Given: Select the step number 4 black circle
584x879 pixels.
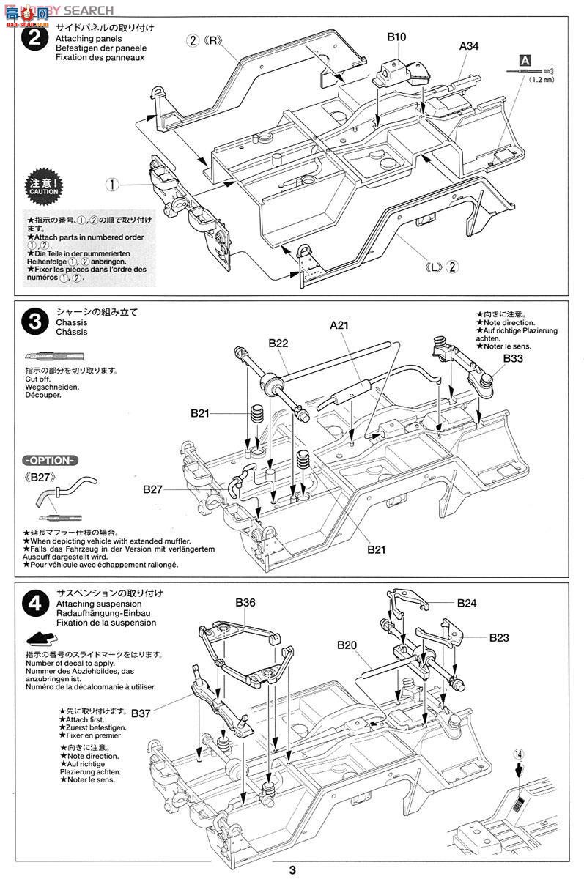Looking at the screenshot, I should click(34, 605).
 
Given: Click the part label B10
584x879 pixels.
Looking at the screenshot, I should click(396, 36).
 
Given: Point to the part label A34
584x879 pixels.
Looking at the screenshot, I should click(469, 45).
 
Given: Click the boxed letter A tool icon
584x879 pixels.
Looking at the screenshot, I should click(524, 60).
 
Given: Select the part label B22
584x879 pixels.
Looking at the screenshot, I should click(278, 342).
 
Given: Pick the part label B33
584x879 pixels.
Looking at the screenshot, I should click(513, 359).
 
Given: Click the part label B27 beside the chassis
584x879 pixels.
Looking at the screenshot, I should click(153, 488).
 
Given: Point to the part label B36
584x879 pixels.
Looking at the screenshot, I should click(245, 603).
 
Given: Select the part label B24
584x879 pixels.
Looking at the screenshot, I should click(467, 604).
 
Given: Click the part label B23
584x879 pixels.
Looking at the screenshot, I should click(498, 638).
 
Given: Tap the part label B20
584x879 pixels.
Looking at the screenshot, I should click(347, 645).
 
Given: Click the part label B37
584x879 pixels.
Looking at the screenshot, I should click(140, 712).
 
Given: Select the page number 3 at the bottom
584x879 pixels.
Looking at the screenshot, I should click(292, 869).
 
